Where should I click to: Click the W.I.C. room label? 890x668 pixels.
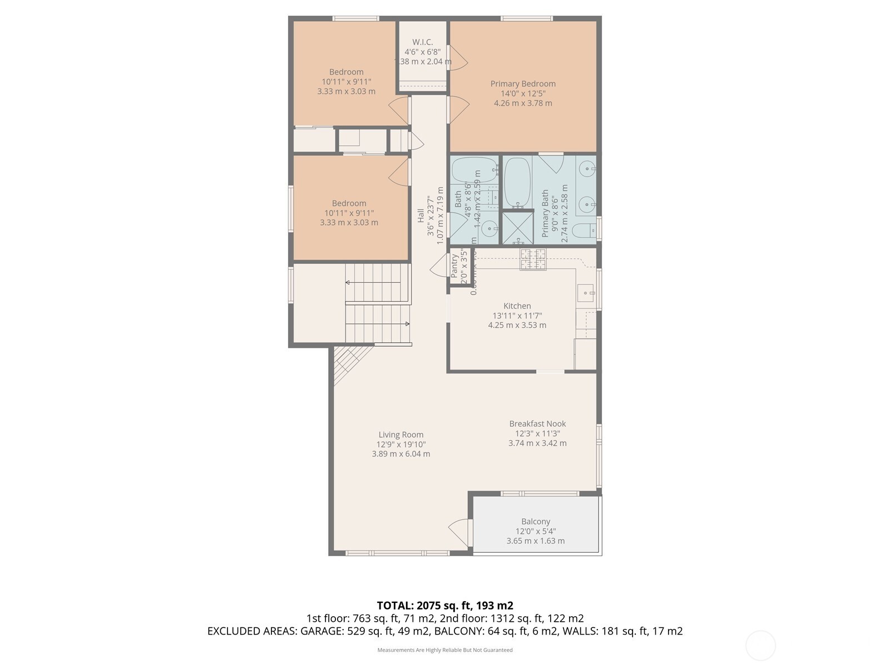[x=422, y=42]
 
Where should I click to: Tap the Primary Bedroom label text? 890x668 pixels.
[x=523, y=84]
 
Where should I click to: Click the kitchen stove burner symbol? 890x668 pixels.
[x=533, y=259]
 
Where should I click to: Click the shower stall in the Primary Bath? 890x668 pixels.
[x=517, y=228]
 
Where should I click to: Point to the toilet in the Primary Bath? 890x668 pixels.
[x=584, y=230]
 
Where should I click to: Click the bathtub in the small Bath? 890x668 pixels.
[x=474, y=169]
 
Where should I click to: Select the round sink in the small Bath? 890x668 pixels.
[x=489, y=229]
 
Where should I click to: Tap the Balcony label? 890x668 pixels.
[x=536, y=522]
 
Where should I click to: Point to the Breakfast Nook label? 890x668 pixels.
[x=537, y=424]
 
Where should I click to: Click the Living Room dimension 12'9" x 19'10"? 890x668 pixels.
[x=401, y=444]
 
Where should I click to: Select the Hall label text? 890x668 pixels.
[x=421, y=216]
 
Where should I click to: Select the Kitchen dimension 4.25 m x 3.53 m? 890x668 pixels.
[x=517, y=325]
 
